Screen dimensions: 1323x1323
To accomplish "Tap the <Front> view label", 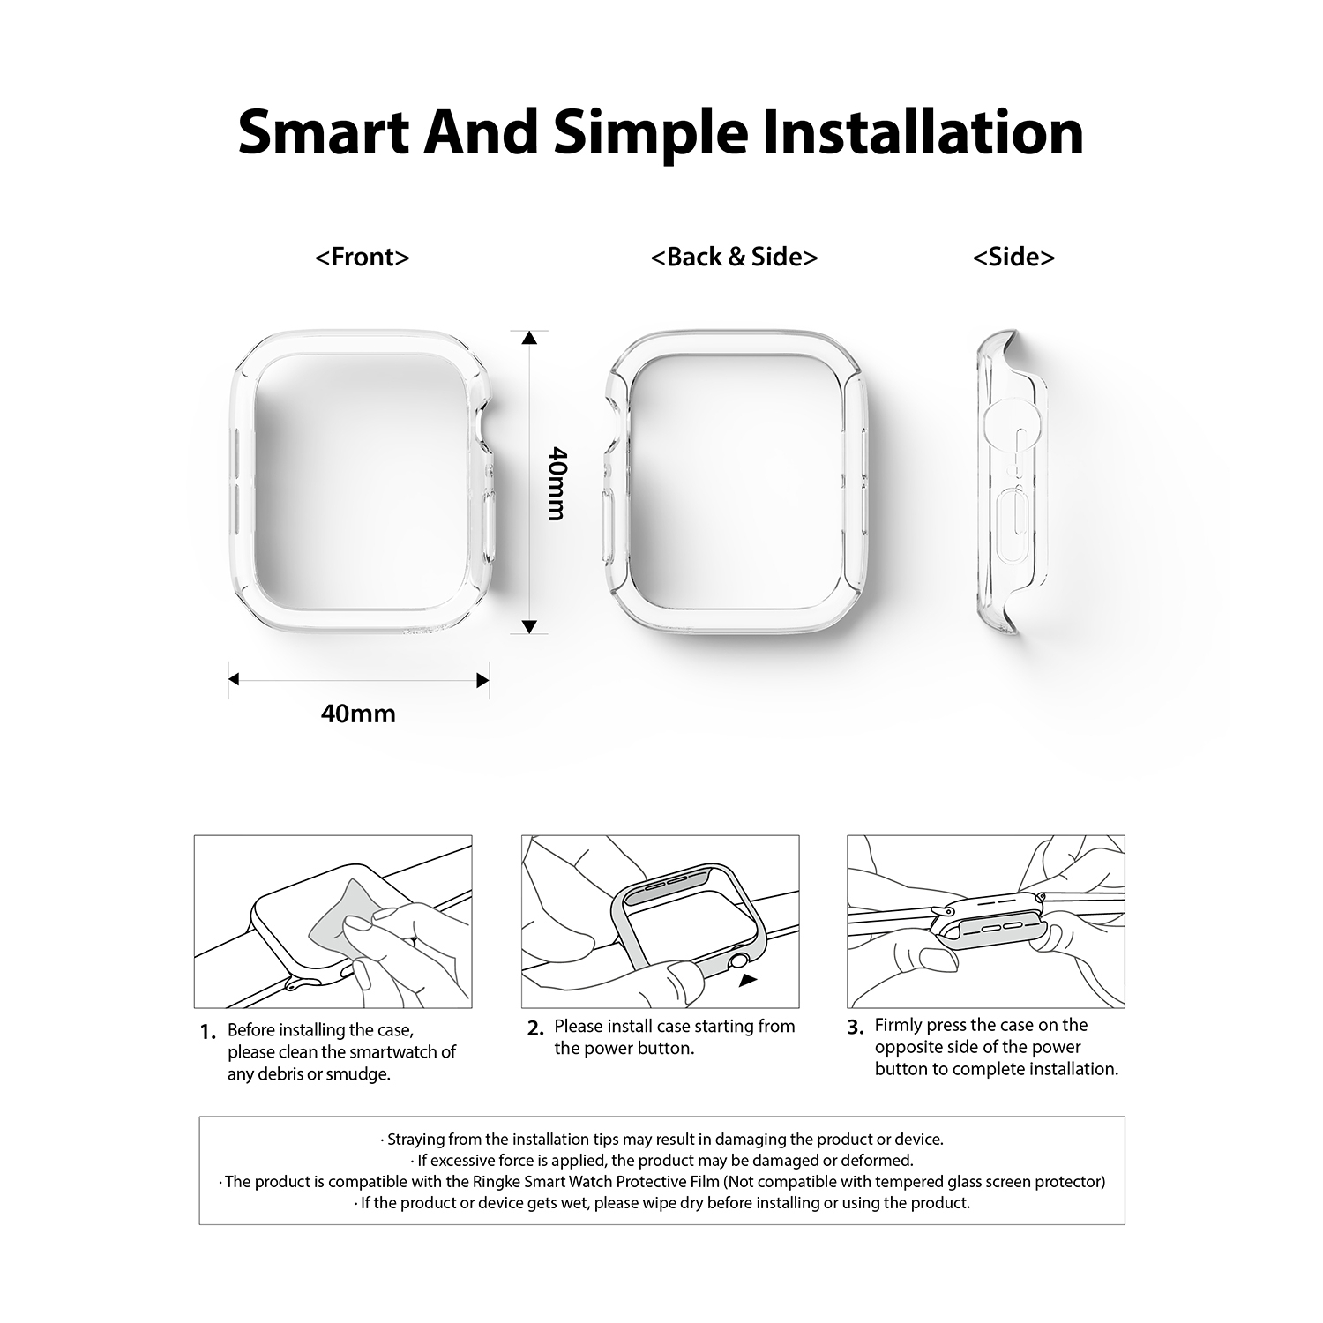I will (363, 257).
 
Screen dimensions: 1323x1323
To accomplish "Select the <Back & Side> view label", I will (734, 257).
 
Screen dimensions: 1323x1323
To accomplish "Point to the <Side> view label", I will (1013, 257).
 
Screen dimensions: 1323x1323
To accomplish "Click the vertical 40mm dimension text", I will (557, 483).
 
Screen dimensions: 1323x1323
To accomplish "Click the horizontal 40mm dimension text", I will (358, 713).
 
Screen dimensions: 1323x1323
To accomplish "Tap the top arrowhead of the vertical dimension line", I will (529, 339).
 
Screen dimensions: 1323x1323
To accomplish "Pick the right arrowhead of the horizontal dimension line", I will (482, 680).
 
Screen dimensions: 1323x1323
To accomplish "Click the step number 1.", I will (207, 1033).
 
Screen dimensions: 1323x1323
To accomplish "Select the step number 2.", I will (534, 1028).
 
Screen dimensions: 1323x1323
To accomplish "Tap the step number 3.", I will (855, 1028).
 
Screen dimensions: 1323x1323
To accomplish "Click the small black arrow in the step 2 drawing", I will (748, 980).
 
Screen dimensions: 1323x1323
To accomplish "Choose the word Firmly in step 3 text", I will (899, 1025).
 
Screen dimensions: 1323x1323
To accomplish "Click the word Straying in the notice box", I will (416, 1140).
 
